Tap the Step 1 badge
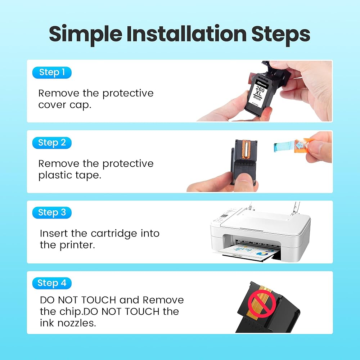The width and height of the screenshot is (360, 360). coord(52,73)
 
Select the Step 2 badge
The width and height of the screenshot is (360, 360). coord(52,143)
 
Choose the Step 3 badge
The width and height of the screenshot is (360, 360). coord(52,213)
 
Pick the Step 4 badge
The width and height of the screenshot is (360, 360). coord(52,283)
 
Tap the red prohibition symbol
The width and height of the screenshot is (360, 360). coord(262,304)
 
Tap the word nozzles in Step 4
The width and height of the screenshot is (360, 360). coord(76,323)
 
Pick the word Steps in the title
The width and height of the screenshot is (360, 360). coord(280,35)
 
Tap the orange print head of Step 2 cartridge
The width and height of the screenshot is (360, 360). coord(245,150)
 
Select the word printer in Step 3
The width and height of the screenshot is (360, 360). coord(77,245)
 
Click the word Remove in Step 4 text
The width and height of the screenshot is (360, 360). coord(163,300)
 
